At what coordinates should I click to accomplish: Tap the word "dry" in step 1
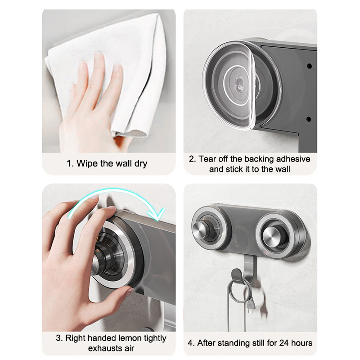(x=141, y=164)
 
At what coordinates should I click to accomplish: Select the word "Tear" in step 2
(x=207, y=159)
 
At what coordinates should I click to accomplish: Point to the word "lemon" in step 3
(x=129, y=338)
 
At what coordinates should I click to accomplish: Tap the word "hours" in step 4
(x=301, y=343)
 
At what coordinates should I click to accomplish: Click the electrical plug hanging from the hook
(x=252, y=305)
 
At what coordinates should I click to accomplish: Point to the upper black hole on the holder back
(x=309, y=66)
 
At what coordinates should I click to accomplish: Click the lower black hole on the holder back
(x=309, y=119)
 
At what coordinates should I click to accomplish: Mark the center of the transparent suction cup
(x=239, y=83)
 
